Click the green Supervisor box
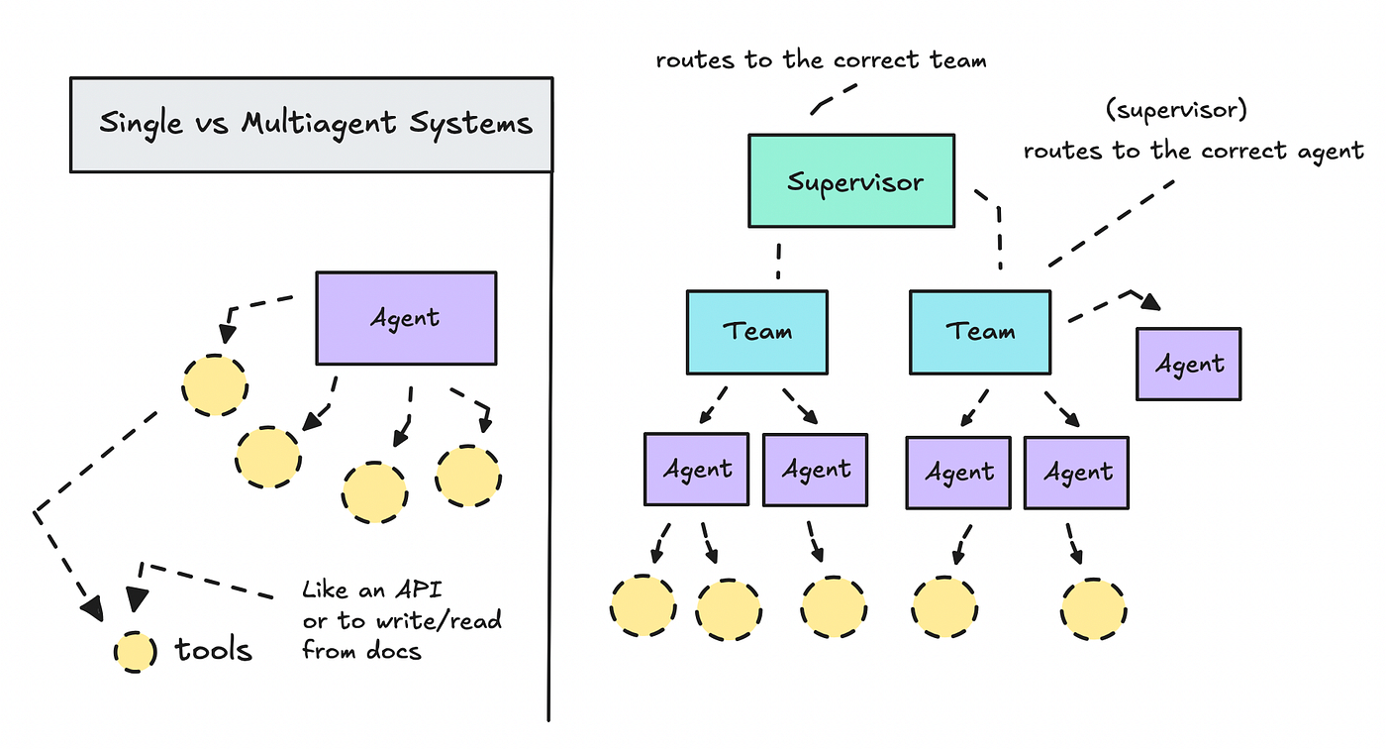click(851, 181)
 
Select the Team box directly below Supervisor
click(757, 332)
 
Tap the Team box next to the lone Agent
click(979, 332)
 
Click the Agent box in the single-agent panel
click(406, 318)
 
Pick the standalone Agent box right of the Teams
click(1188, 364)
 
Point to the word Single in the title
click(143, 124)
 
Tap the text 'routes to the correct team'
click(821, 60)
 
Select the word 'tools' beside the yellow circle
click(213, 650)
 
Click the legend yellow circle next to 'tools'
click(135, 652)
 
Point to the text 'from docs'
click(361, 651)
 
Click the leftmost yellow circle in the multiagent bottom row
click(643, 605)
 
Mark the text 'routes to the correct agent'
click(1194, 152)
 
